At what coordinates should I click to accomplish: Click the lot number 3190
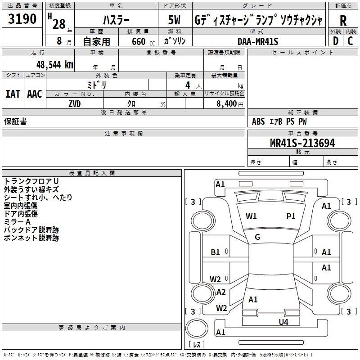(22, 19)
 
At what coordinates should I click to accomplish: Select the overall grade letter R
(343, 21)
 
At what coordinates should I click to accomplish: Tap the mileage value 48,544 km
(55, 65)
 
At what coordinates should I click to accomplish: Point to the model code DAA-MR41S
(258, 41)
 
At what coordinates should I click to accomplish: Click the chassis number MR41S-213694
(302, 143)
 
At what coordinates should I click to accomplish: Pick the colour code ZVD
(75, 104)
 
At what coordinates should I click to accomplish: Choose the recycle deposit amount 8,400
(226, 103)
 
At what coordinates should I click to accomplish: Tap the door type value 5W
(174, 20)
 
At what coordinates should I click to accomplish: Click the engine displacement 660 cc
(143, 41)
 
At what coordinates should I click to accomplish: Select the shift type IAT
(13, 94)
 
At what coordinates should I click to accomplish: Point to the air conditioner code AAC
(35, 94)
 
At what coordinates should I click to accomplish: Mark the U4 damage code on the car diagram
(283, 322)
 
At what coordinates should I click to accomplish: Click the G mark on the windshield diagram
(257, 237)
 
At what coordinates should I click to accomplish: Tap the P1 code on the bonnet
(291, 216)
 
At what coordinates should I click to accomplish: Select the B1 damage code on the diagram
(215, 252)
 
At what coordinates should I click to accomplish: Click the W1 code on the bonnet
(251, 216)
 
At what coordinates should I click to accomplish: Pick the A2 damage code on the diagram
(221, 292)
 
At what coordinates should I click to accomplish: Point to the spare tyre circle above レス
(197, 329)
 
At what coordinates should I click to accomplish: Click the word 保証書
(15, 121)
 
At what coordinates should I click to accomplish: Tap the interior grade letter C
(350, 41)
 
